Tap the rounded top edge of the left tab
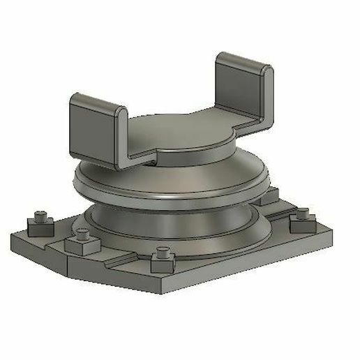coord(98,100)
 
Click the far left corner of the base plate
coord(13,241)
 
